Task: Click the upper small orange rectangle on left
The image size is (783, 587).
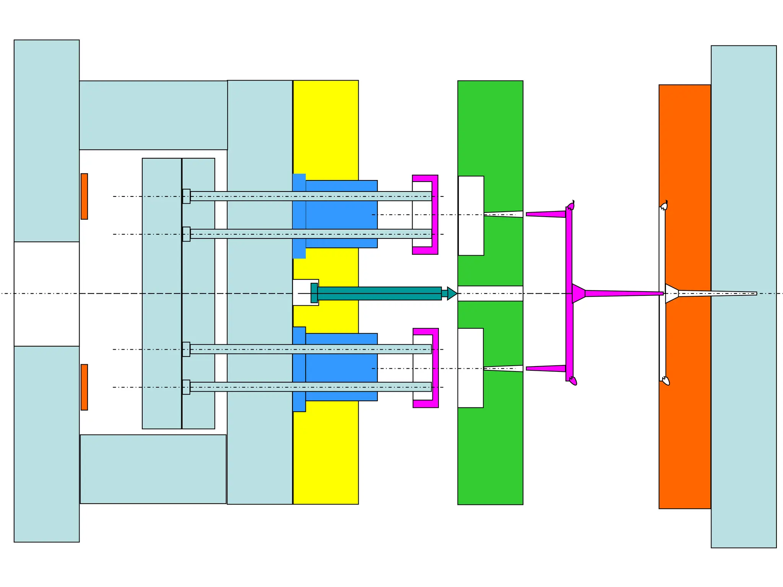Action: click(84, 196)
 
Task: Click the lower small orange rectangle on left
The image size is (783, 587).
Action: click(84, 387)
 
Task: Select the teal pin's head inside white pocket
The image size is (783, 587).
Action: click(314, 293)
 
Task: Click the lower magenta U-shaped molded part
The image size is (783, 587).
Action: click(435, 368)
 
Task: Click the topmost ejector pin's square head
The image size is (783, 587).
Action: click(186, 196)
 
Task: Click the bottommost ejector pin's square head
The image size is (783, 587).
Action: click(186, 387)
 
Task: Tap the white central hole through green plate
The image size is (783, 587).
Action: click(490, 293)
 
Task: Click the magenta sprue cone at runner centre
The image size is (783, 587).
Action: click(578, 293)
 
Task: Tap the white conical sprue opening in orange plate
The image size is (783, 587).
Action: click(671, 293)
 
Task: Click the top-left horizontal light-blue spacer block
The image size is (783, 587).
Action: click(153, 115)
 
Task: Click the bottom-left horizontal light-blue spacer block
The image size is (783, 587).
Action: click(153, 469)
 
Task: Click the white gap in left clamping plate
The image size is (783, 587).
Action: click(47, 294)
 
